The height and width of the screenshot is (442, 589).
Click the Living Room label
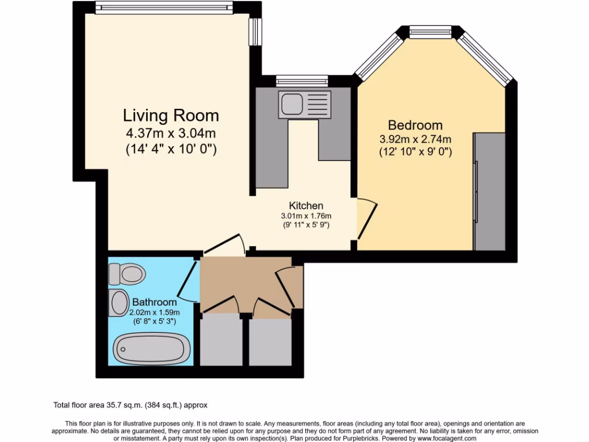click(171, 115)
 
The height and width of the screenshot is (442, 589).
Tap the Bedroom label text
click(415, 125)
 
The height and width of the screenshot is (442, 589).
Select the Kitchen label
click(305, 205)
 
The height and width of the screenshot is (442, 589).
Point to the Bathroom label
click(154, 302)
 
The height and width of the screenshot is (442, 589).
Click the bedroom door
click(367, 219)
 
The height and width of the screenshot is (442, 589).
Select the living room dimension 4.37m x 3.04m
click(171, 134)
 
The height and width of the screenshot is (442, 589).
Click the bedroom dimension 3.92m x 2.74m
click(415, 139)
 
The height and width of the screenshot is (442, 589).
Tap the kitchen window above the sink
click(302, 80)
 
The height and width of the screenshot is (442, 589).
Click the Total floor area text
click(135, 405)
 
